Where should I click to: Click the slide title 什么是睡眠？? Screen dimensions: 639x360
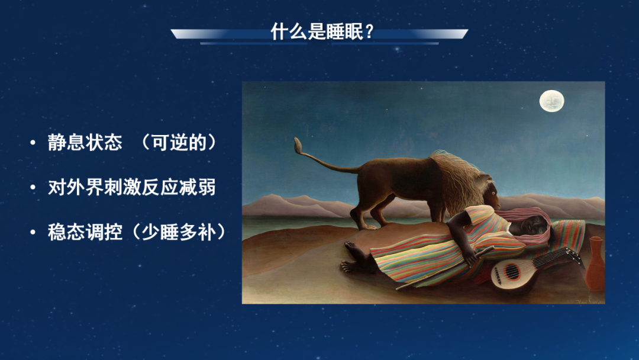[x=321, y=31]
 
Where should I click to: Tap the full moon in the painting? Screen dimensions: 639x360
[x=552, y=101]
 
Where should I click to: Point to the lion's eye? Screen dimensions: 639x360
[x=493, y=193]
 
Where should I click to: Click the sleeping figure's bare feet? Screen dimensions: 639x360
[x=353, y=257]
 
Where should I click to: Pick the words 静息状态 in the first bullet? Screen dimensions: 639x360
[x=85, y=143]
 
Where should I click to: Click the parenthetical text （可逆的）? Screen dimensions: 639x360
[x=179, y=143]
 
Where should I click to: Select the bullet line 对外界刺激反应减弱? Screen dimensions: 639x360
[x=131, y=188]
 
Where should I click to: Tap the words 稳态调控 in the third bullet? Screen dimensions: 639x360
[x=85, y=232]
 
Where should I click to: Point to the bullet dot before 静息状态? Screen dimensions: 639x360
[x=33, y=143]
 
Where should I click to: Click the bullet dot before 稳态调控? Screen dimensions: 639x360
[x=33, y=233]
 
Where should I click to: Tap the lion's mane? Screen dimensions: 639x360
[x=460, y=179]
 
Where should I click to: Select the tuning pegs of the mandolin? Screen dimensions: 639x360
[x=574, y=255]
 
